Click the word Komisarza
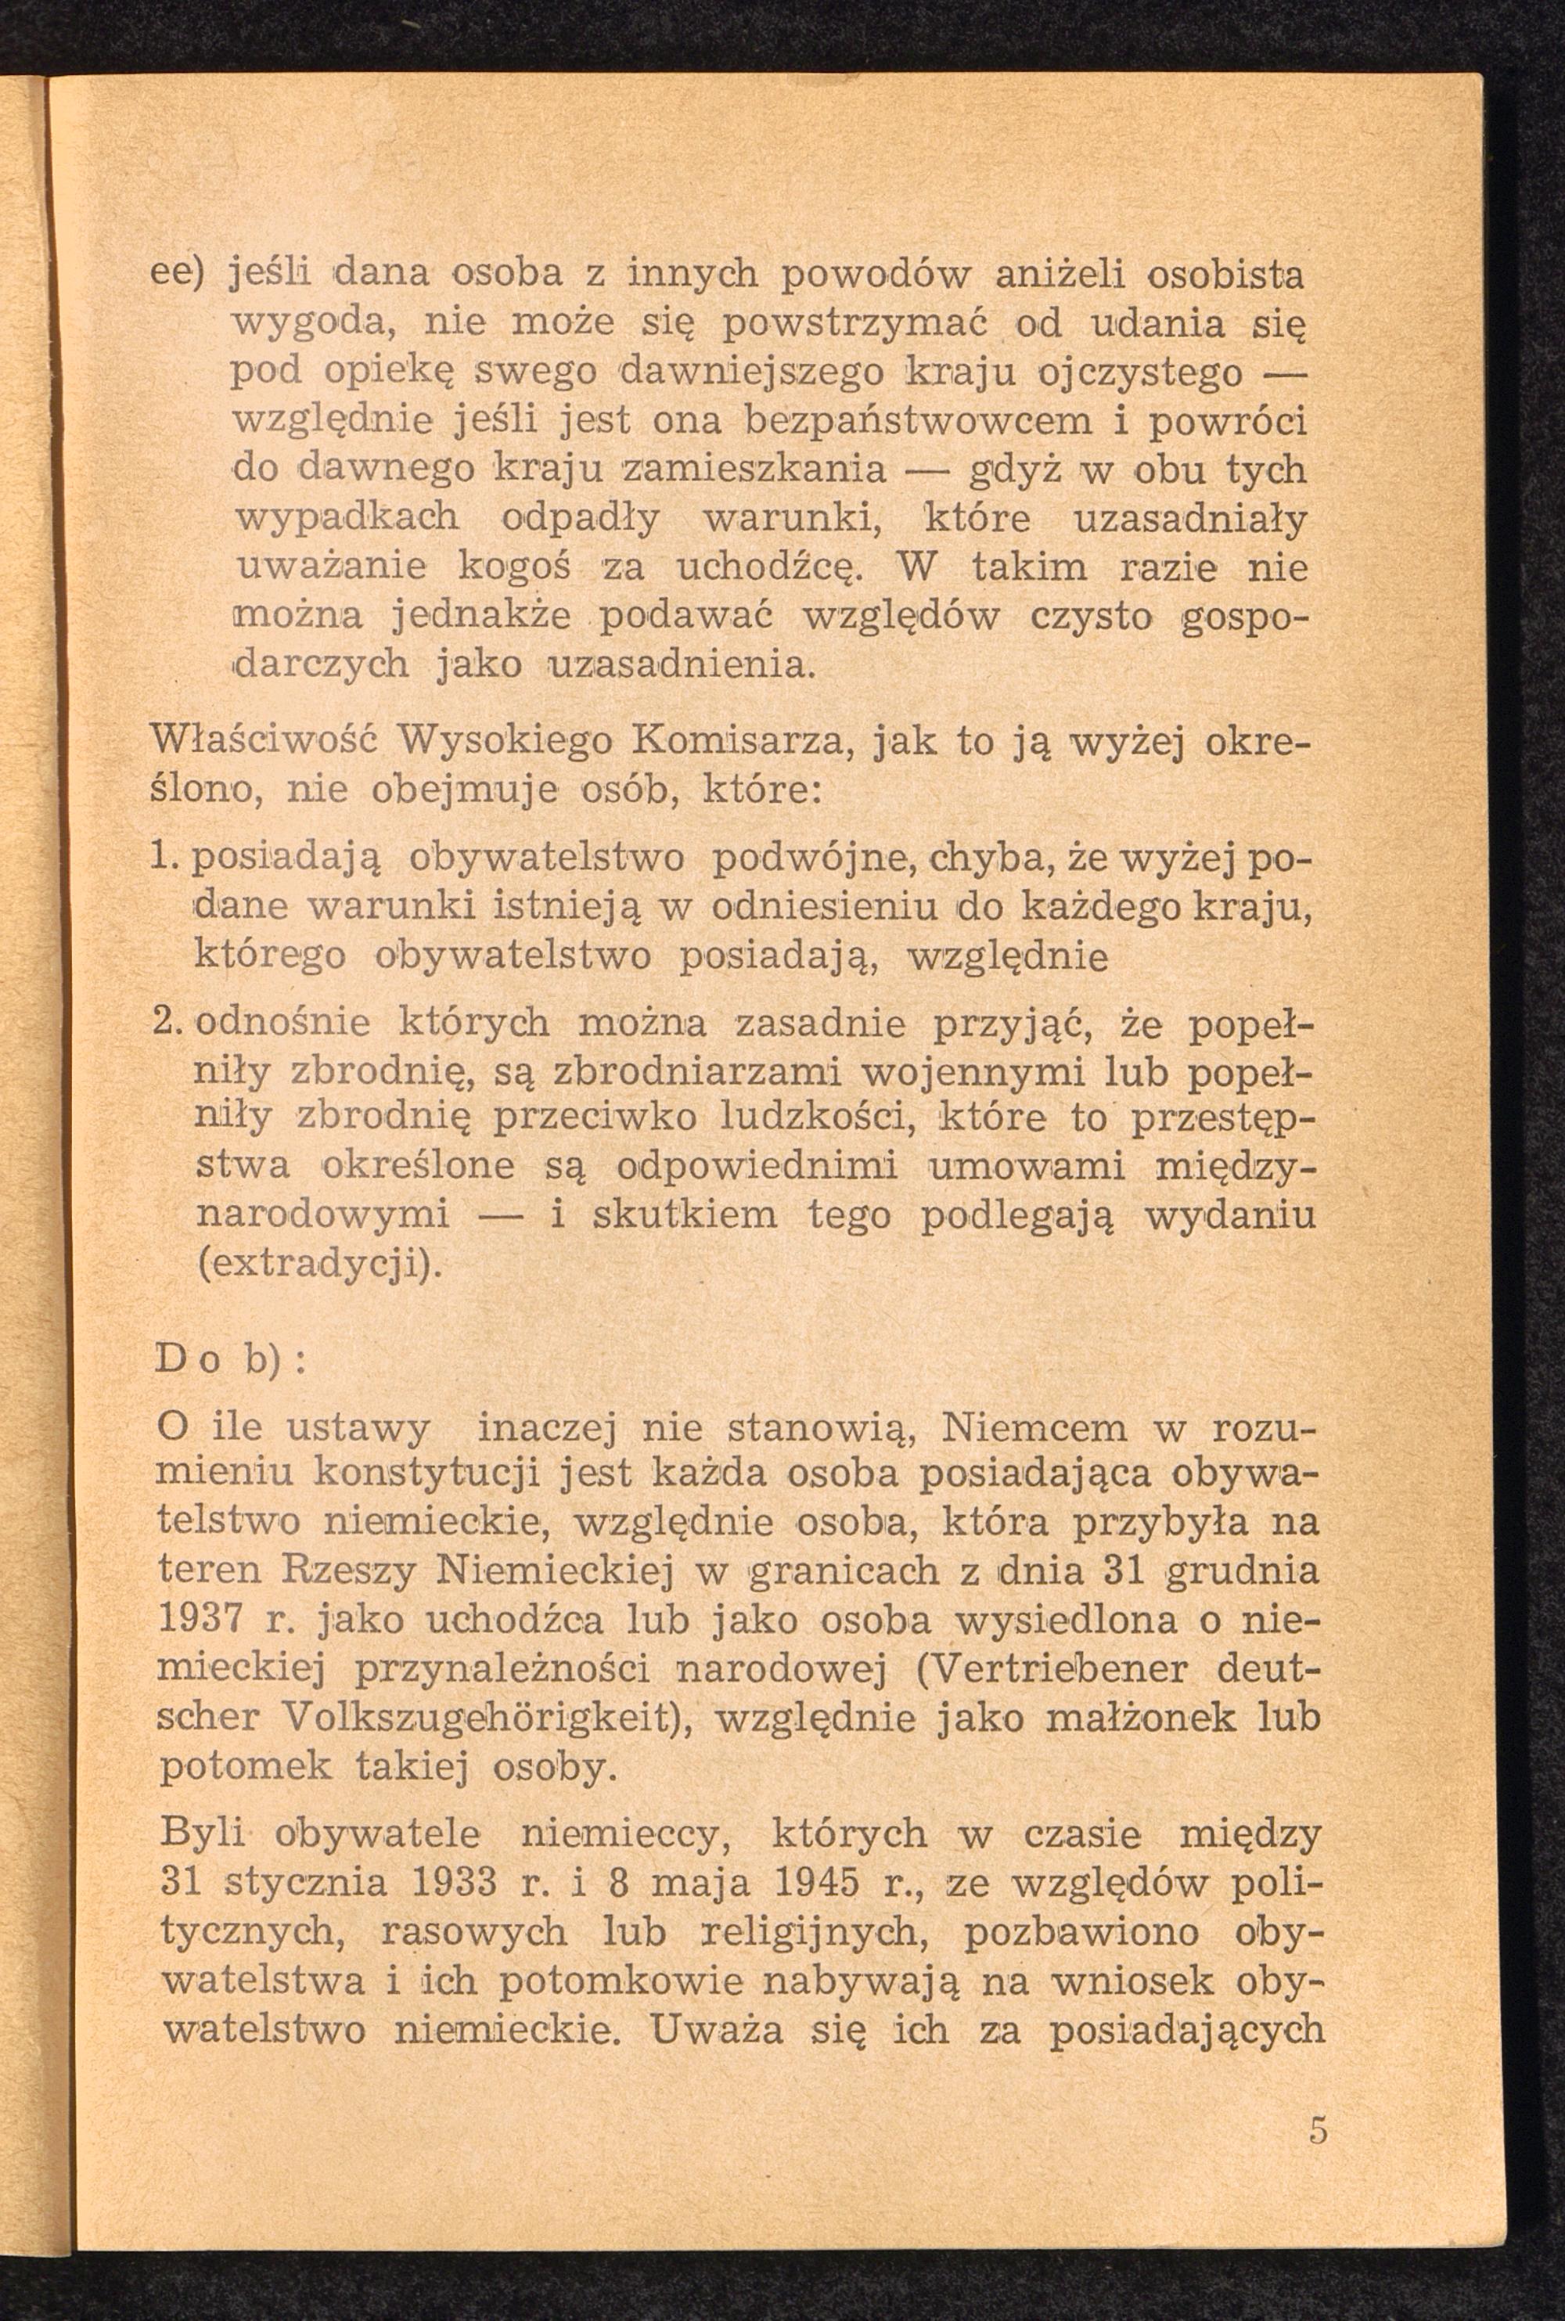point(768,743)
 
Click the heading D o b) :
point(232,1361)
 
